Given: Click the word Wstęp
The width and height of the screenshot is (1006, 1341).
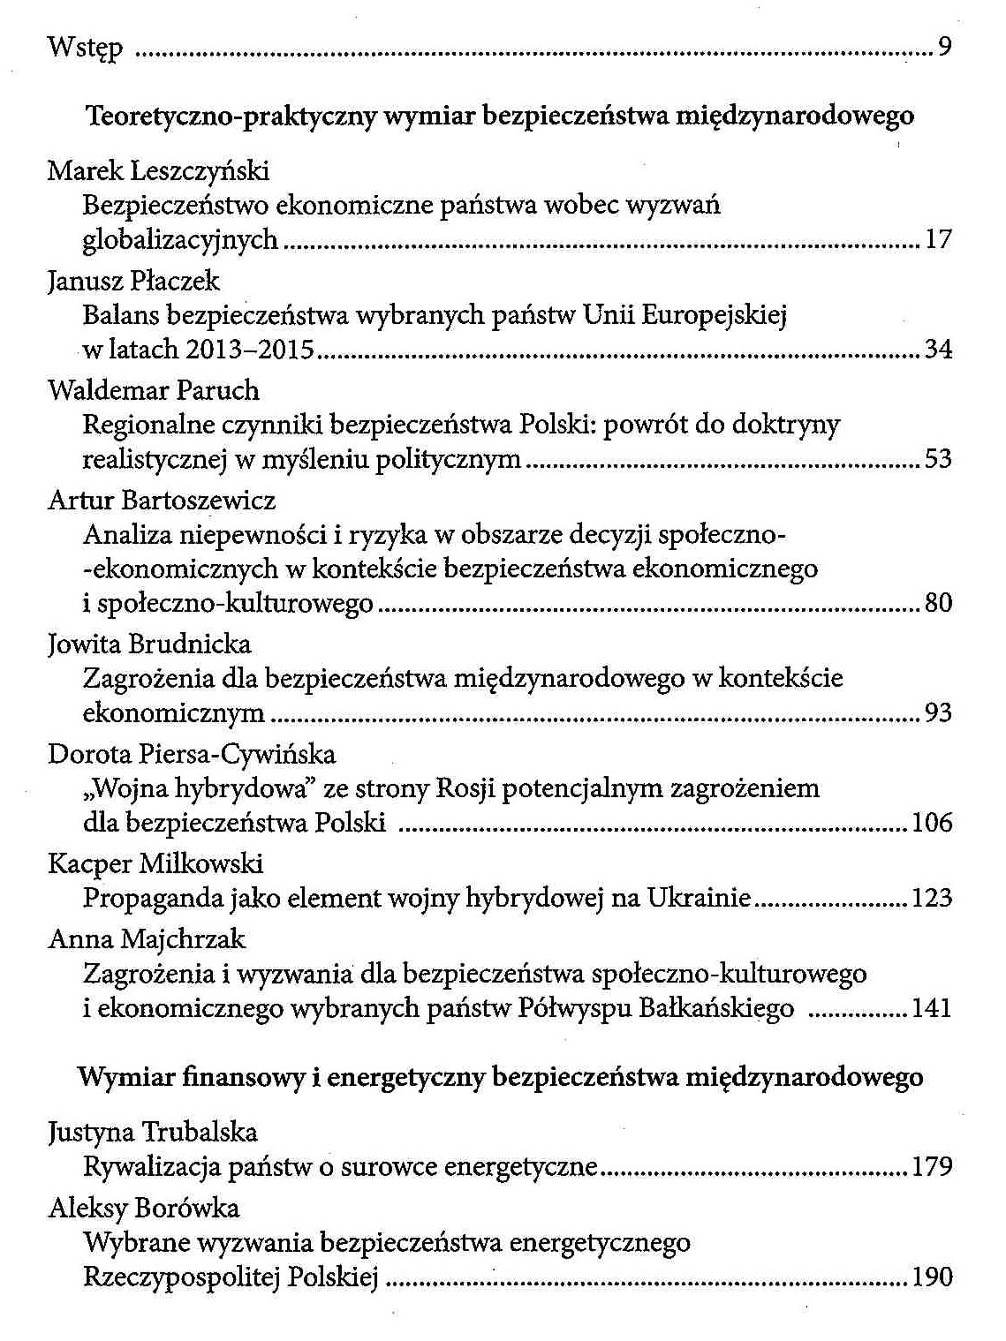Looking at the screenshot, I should pos(85,47).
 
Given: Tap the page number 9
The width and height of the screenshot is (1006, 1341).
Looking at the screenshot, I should pos(944,47).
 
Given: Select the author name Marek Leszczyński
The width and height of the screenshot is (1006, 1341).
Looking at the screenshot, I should pos(158,170).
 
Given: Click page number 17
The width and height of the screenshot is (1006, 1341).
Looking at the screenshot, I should pos(938,239).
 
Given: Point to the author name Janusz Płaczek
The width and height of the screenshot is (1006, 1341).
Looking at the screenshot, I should pos(133,282).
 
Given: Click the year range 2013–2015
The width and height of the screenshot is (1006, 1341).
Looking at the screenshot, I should pos(250,350).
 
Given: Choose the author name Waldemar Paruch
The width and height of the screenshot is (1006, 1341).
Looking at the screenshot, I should pos(154,390).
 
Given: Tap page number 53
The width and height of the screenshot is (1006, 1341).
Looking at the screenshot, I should pos(938,459).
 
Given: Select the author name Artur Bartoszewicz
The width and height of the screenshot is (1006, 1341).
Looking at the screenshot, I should pos(162,501).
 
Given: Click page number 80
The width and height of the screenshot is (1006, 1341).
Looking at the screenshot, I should pos(938,604).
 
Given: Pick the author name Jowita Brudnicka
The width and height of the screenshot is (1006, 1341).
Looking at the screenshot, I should pos(149,644).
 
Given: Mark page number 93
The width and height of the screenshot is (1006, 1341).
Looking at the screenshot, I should pos(938,712).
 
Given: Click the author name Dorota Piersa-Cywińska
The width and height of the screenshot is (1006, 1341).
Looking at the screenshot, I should pos(192,755).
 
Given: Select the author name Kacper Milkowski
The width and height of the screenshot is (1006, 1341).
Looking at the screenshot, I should pos(155,864).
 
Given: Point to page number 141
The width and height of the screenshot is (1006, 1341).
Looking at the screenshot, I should pos(932,1008).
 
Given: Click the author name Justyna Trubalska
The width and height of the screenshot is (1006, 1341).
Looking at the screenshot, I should pos(153,1133).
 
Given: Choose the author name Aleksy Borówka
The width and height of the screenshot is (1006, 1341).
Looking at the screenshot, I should pos(144,1208).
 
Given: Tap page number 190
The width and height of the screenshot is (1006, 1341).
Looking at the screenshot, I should pos(933,1277).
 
